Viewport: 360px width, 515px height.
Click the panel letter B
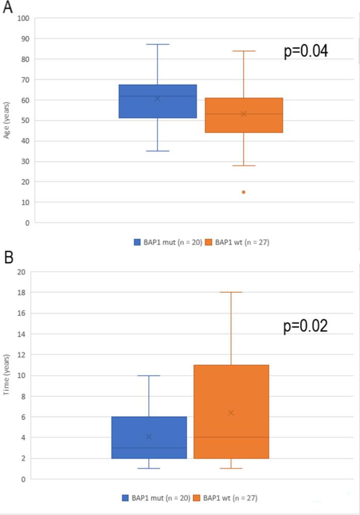pos(8,258)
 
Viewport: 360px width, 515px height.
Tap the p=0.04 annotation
pos(306,52)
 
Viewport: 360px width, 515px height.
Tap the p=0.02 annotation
pos(305,326)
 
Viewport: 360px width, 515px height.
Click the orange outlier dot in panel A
pos(243,192)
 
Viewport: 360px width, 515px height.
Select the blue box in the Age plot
pos(158,102)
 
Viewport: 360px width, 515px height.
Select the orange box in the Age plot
pos(243,115)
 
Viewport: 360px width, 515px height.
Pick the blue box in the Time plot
pos(149,437)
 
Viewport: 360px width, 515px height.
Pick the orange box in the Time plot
pos(231,411)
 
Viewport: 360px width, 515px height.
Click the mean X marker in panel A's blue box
pos(157,98)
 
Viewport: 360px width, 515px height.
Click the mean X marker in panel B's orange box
pos(231,412)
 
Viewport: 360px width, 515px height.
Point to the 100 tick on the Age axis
pos(24,19)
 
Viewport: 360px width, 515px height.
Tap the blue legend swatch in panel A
pos(138,242)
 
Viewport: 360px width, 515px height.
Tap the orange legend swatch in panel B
pos(198,498)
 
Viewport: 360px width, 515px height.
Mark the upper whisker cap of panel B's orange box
pos(231,292)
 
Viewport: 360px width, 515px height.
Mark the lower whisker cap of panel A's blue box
pos(158,151)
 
